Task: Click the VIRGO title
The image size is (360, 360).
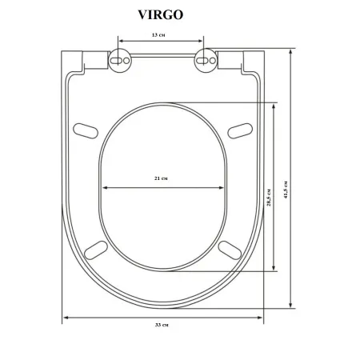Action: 161,14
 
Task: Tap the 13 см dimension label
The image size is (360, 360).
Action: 158,34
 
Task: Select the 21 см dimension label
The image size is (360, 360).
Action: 161,178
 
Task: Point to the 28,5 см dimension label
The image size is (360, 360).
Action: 269,198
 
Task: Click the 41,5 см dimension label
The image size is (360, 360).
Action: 286,190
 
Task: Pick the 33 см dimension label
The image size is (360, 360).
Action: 162,325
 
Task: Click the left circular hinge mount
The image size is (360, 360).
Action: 120,61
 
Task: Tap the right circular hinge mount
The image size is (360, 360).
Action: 206,61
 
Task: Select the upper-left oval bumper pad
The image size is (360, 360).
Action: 86,131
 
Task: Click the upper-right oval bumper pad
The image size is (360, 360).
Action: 240,131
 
